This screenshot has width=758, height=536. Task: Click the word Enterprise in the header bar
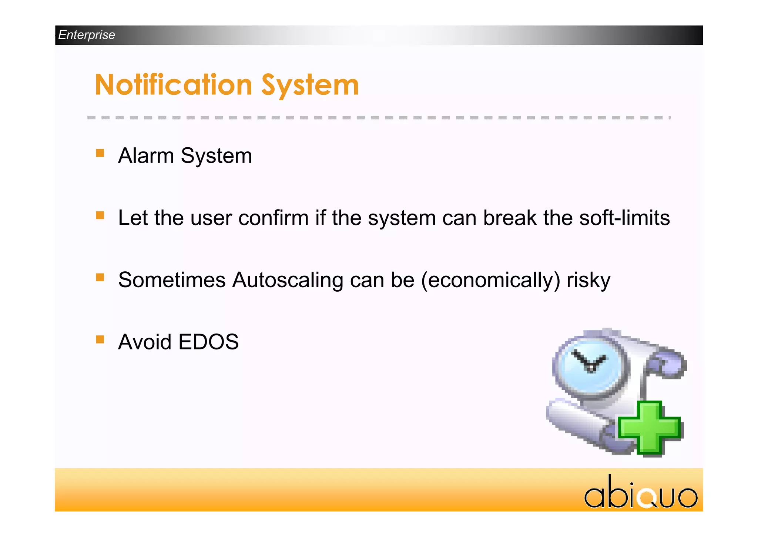click(87, 35)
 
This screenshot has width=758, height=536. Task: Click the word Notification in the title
click(174, 85)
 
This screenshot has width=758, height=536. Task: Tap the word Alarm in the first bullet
click(146, 155)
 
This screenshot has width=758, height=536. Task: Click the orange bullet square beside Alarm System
click(100, 153)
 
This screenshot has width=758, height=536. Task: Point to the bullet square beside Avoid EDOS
click(100, 339)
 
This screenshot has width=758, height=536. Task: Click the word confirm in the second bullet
click(274, 218)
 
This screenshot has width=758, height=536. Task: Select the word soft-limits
click(624, 218)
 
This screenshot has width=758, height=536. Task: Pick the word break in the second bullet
click(510, 218)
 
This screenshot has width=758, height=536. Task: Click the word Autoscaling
click(288, 280)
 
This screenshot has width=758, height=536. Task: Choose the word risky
click(588, 280)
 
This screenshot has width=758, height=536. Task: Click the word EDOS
click(209, 342)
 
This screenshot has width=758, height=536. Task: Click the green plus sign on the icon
click(650, 428)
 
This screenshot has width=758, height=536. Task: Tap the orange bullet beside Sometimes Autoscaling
click(100, 278)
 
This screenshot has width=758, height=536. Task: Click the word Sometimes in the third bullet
click(172, 280)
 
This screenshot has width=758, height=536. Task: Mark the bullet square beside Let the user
click(100, 215)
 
